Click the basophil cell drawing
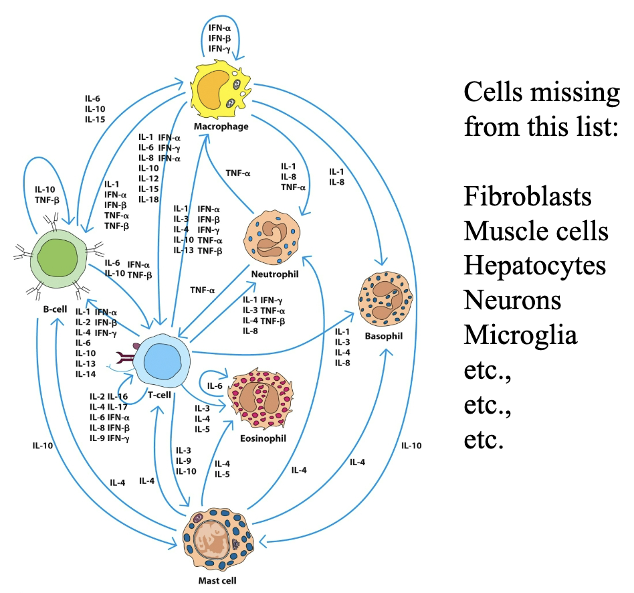(x=384, y=297)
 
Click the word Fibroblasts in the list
(x=527, y=197)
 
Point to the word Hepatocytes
(x=534, y=266)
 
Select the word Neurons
(x=512, y=300)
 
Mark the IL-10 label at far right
(x=412, y=445)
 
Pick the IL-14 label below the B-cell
(x=85, y=373)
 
